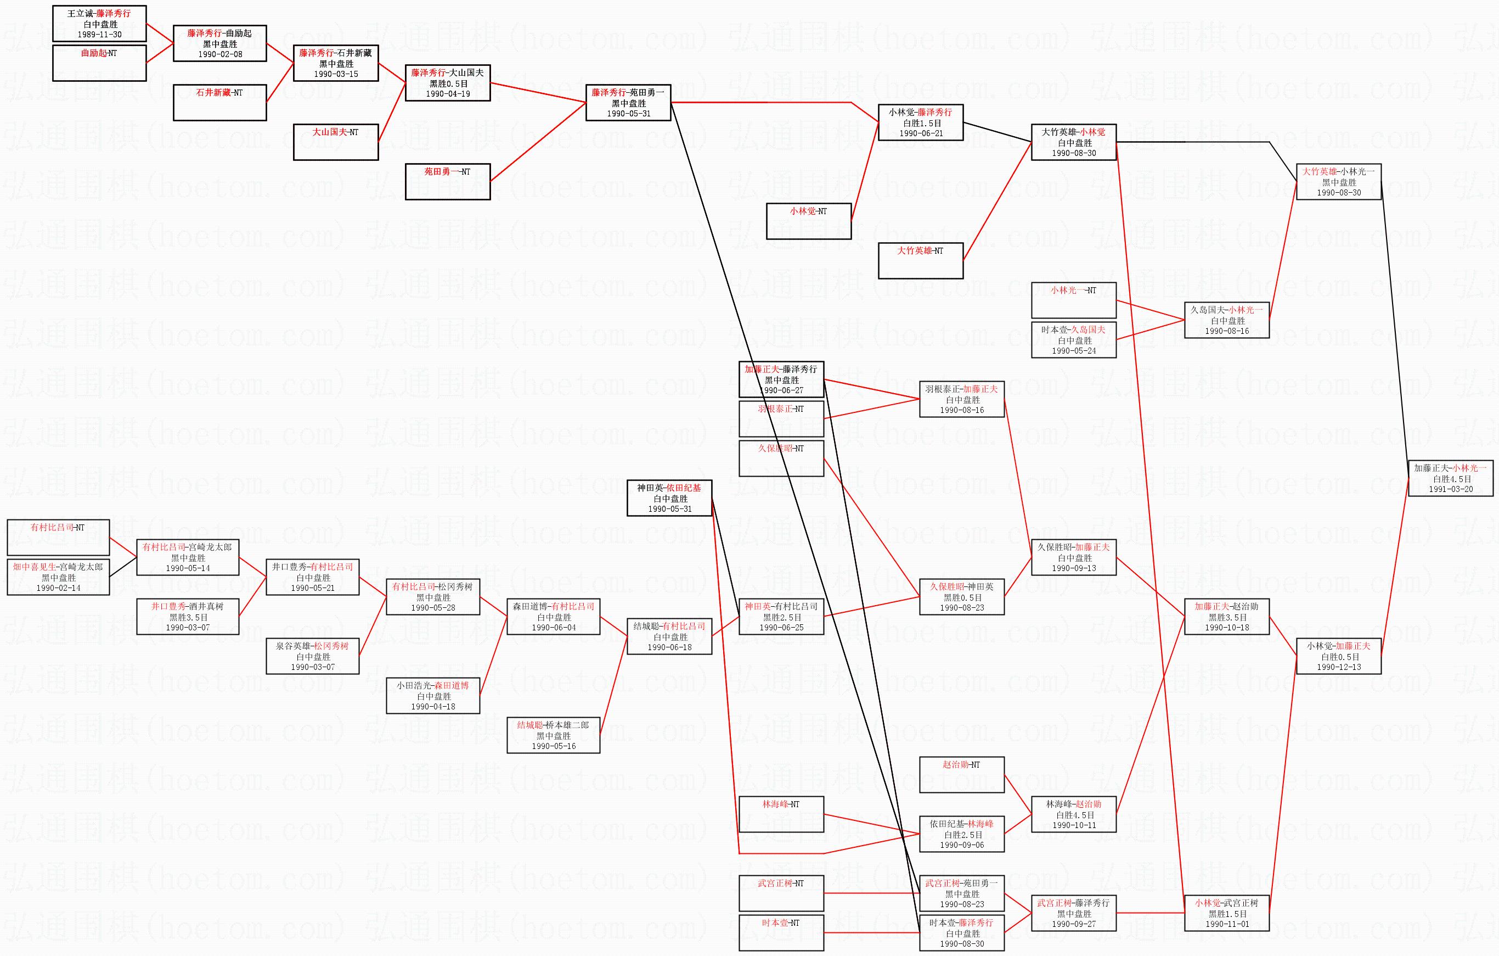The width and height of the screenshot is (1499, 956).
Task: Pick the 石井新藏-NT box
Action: (x=219, y=102)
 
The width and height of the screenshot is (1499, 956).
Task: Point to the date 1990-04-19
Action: (x=448, y=94)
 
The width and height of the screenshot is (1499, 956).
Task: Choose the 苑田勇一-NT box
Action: (x=447, y=181)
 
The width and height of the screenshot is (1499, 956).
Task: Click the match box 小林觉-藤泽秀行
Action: (x=920, y=122)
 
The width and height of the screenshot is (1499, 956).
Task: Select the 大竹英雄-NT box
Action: (x=920, y=260)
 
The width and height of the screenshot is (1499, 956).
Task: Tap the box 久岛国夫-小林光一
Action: (x=1226, y=320)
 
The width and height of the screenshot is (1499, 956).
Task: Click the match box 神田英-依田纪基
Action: (x=669, y=497)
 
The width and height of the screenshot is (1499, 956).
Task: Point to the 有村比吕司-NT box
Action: (x=58, y=537)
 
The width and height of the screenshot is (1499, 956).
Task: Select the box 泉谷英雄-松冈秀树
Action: (x=313, y=656)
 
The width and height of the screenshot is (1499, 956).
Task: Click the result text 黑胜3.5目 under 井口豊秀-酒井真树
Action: (x=188, y=617)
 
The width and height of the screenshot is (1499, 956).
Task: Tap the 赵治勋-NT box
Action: (x=961, y=774)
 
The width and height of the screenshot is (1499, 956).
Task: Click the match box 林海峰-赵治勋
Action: (x=1073, y=814)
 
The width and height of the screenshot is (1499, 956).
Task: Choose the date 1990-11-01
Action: (x=1226, y=924)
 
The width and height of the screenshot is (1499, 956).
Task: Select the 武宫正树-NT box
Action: (x=781, y=892)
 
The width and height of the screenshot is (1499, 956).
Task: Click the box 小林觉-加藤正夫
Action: (x=1338, y=656)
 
